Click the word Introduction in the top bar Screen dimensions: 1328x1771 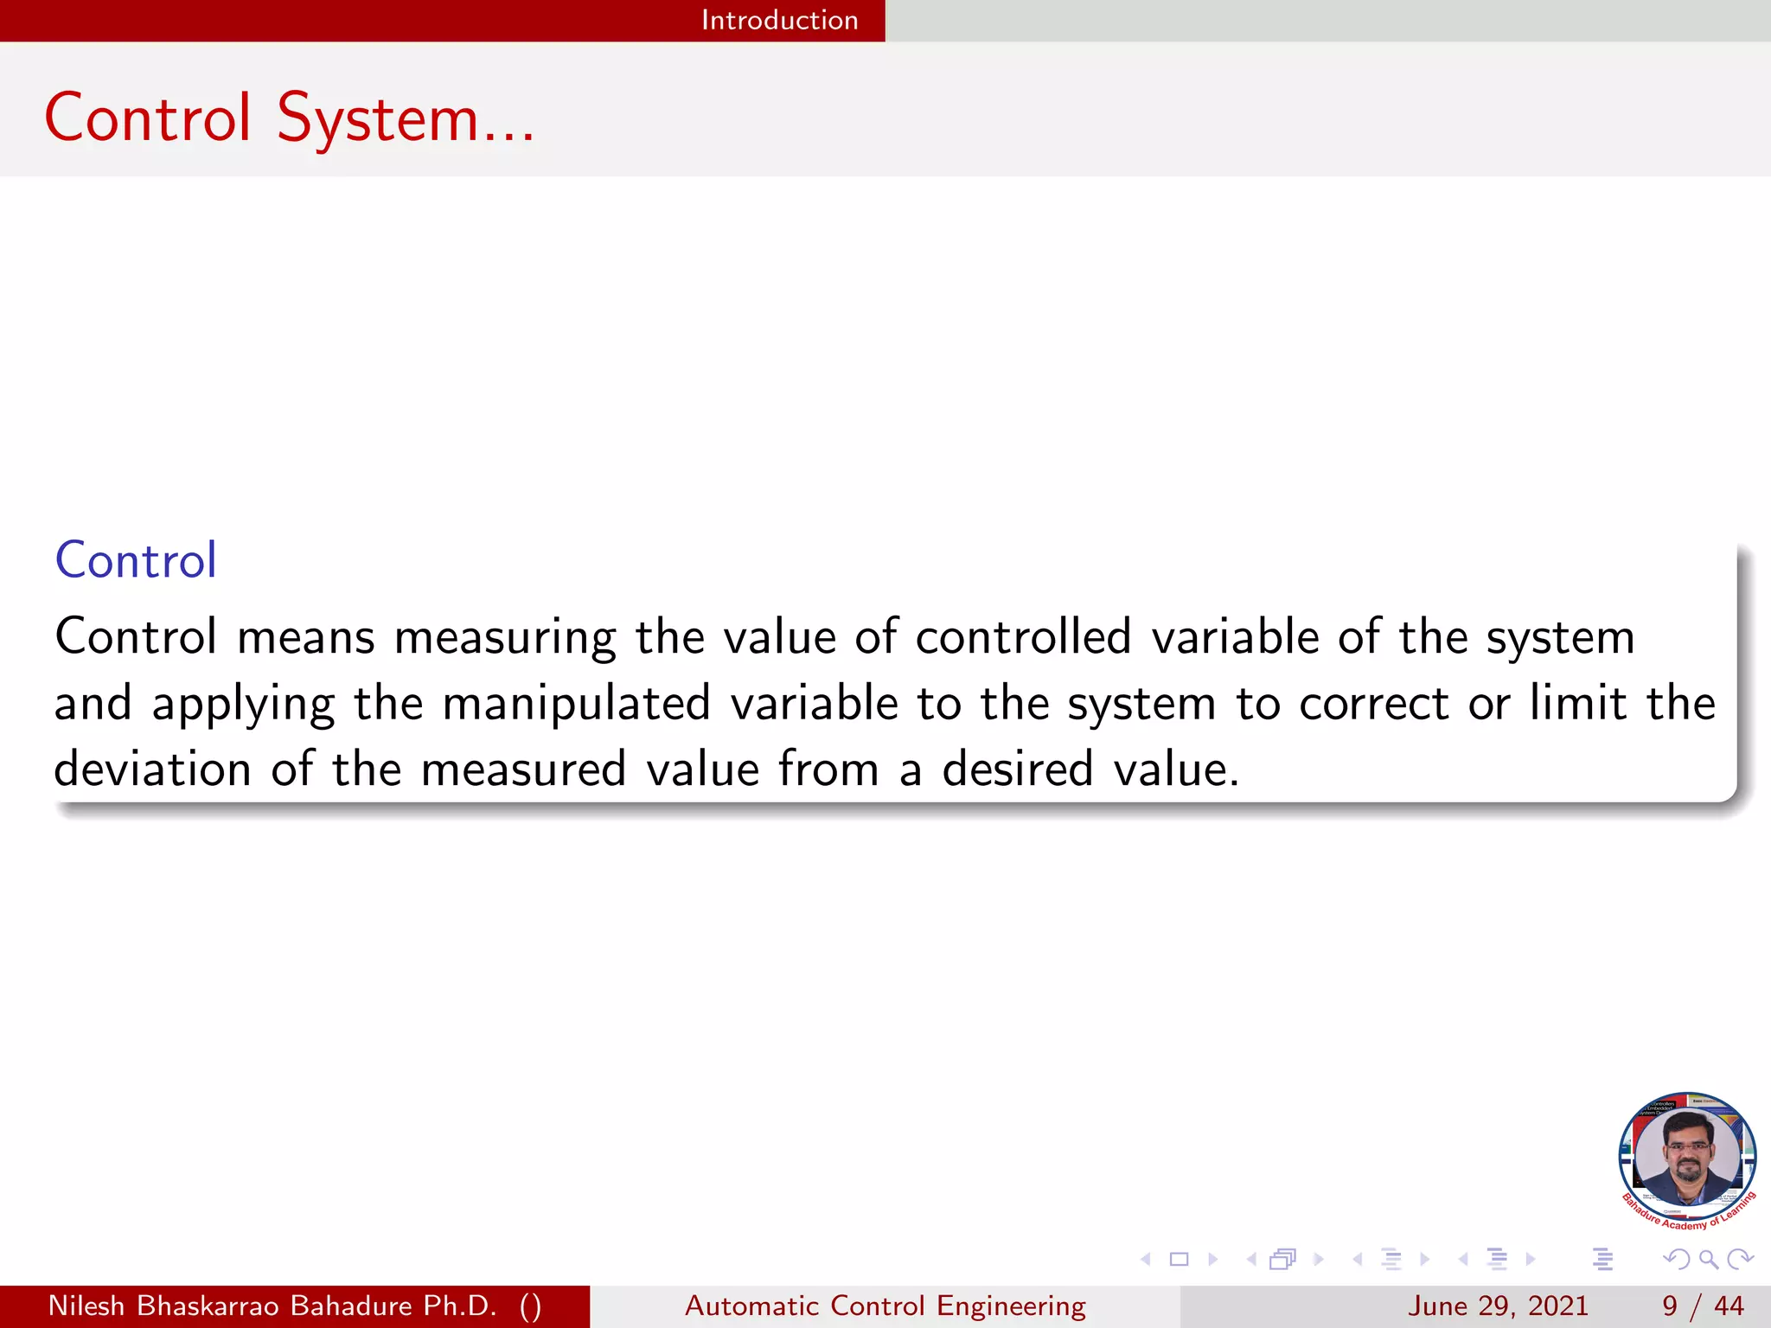(779, 20)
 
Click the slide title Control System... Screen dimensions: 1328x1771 (289, 118)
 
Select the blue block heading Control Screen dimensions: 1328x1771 (136, 560)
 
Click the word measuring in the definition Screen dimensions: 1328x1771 (505, 638)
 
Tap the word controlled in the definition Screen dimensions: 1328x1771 (1023, 637)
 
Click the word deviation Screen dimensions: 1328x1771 (152, 769)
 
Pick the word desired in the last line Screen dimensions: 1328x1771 (1018, 769)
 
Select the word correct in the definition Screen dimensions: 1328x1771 (1373, 703)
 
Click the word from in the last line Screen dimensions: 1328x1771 (828, 769)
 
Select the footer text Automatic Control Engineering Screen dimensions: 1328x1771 (885, 1306)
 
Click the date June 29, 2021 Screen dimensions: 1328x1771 (1498, 1306)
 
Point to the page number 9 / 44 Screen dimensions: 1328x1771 (1703, 1306)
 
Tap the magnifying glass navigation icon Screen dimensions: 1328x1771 (1708, 1260)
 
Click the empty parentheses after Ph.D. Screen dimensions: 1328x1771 (531, 1306)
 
